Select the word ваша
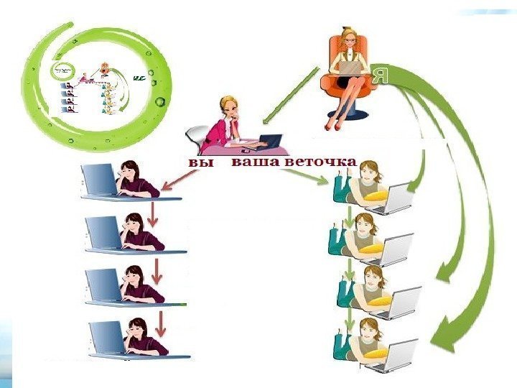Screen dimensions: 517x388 tap(256, 163)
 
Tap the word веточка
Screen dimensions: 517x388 tap(320, 162)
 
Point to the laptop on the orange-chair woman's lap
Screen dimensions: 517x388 tap(351, 67)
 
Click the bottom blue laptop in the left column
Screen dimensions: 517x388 tap(106, 337)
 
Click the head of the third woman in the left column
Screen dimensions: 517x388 tap(135, 276)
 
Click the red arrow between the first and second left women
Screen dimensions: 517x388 tap(152, 213)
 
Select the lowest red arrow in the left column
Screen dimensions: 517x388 tap(161, 324)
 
